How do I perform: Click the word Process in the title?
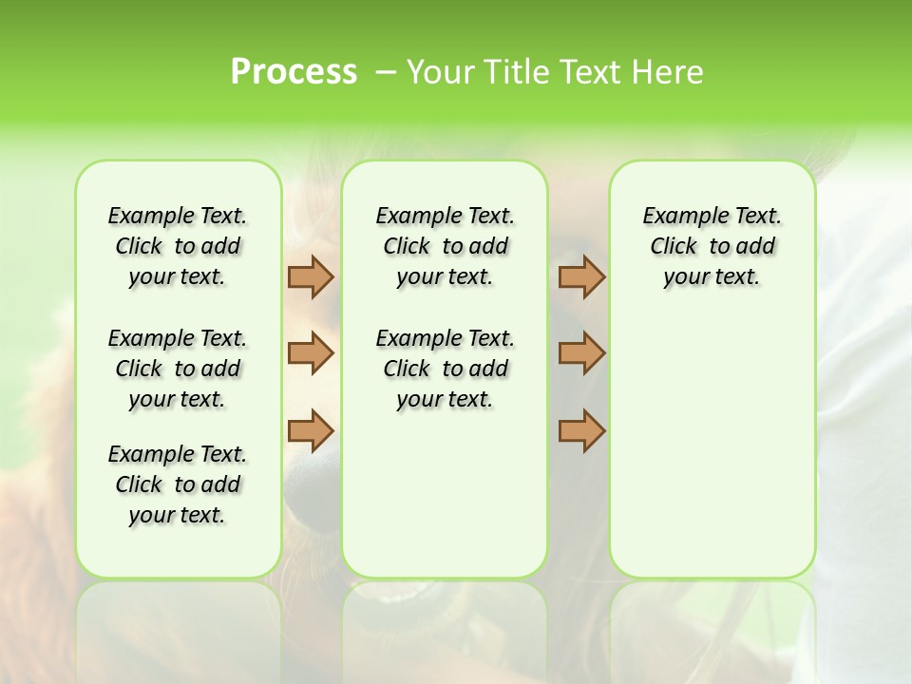point(294,72)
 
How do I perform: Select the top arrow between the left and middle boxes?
point(311,276)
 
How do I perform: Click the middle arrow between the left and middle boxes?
point(311,353)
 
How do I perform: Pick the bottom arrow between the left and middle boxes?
point(311,430)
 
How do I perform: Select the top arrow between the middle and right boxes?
point(581,276)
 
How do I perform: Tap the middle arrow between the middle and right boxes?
point(581,353)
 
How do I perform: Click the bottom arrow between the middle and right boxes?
point(581,430)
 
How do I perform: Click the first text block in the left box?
point(178,246)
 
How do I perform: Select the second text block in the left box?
point(178,369)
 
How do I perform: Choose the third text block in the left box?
point(178,484)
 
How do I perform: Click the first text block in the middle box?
point(445,246)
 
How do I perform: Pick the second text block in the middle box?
point(445,369)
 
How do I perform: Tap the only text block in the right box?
point(712,246)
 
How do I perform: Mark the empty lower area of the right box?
point(712,446)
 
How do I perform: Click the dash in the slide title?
point(386,72)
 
